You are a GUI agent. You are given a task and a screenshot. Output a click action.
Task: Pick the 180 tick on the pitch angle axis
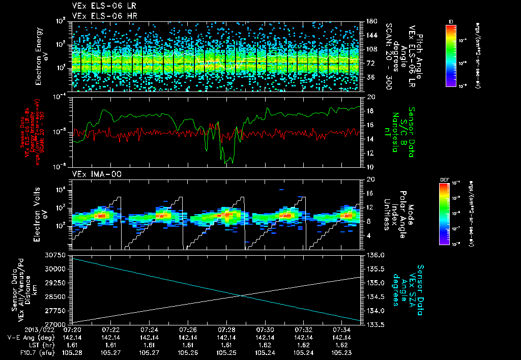click(x=371, y=21)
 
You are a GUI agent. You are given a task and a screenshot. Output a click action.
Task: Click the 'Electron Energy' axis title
click(x=38, y=56)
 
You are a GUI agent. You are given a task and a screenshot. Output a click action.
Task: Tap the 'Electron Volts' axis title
click(x=38, y=209)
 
